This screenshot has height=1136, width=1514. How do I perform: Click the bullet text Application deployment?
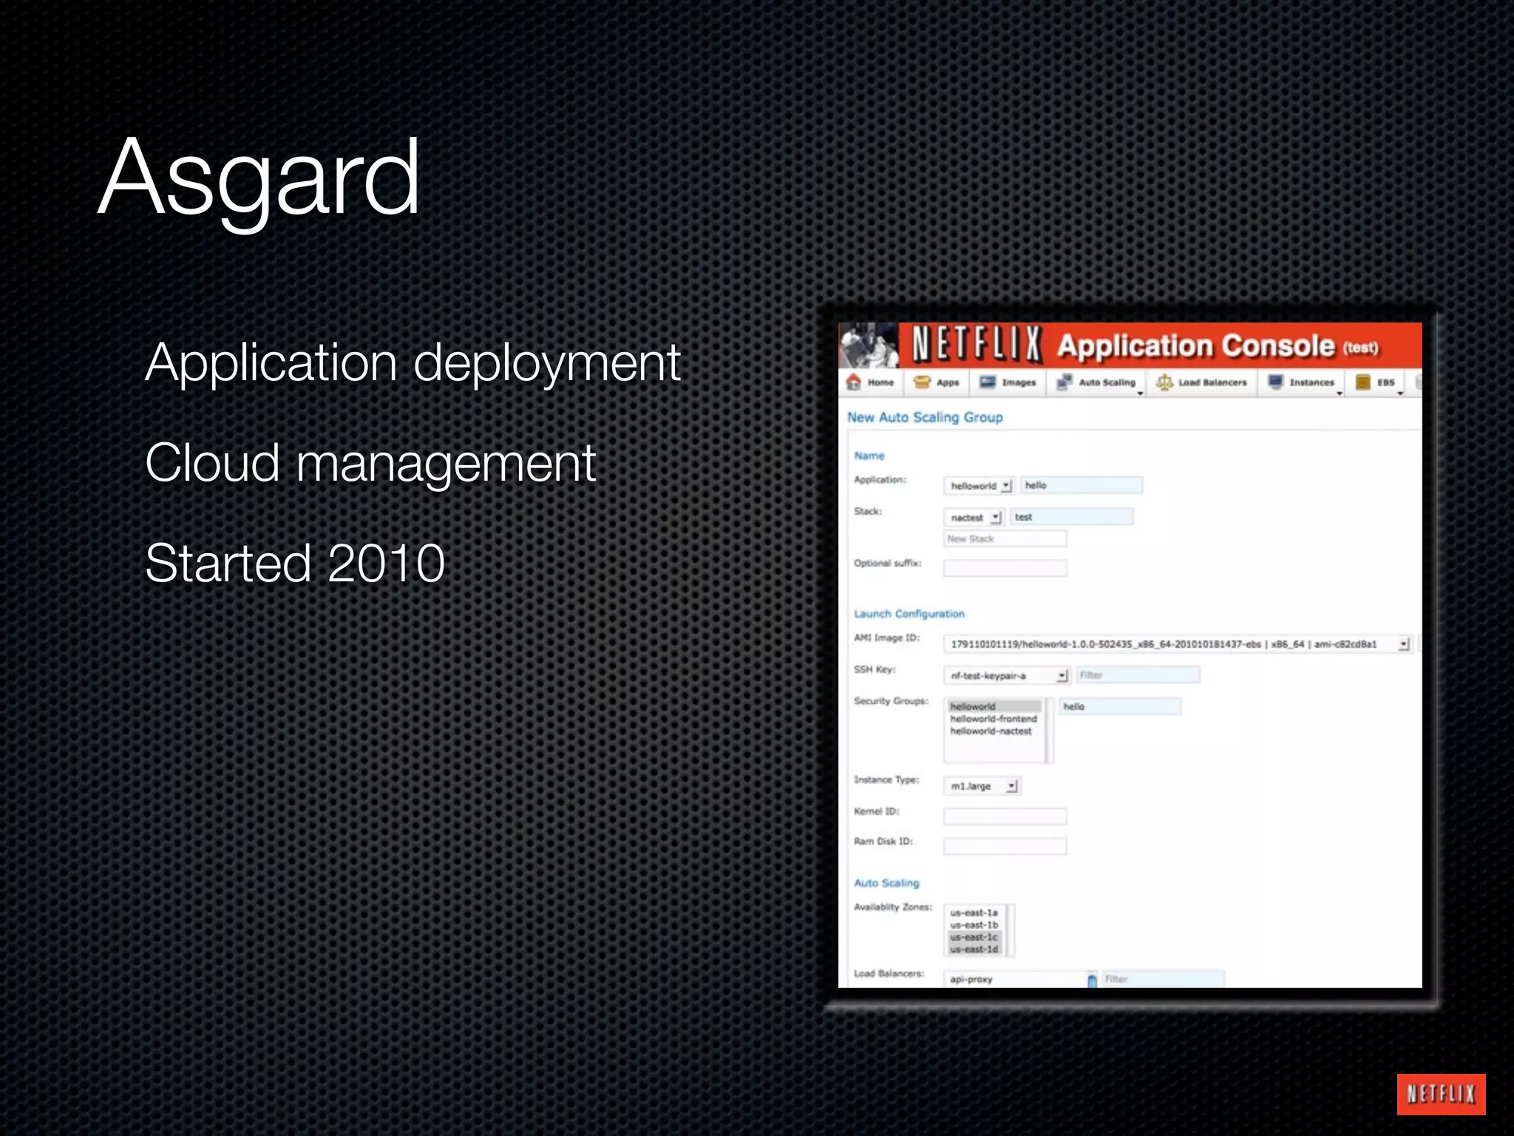click(413, 363)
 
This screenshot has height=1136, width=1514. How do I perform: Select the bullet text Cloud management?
click(370, 464)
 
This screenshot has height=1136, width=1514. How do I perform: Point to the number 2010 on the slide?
click(386, 564)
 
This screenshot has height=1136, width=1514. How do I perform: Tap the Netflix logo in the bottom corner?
click(1440, 1094)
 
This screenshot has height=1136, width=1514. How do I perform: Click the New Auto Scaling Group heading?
click(925, 417)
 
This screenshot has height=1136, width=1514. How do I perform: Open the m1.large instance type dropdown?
click(982, 786)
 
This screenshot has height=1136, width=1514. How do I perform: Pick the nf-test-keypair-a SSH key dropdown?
click(1006, 676)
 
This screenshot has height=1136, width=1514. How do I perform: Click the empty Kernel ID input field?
click(1005, 816)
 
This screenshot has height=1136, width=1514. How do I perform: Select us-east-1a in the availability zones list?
click(974, 913)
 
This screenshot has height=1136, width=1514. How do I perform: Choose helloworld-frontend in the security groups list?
click(993, 719)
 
